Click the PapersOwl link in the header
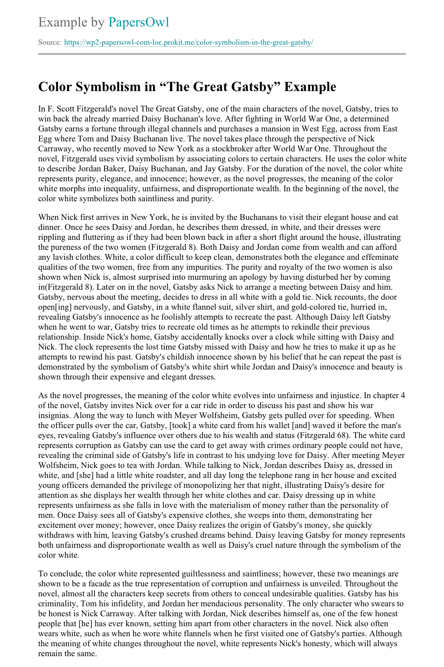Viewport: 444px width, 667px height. point(139,22)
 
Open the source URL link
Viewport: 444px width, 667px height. point(189,43)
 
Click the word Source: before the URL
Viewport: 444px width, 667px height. point(50,43)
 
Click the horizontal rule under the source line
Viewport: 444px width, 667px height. point(222,54)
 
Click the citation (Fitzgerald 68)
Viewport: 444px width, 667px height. point(330,435)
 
